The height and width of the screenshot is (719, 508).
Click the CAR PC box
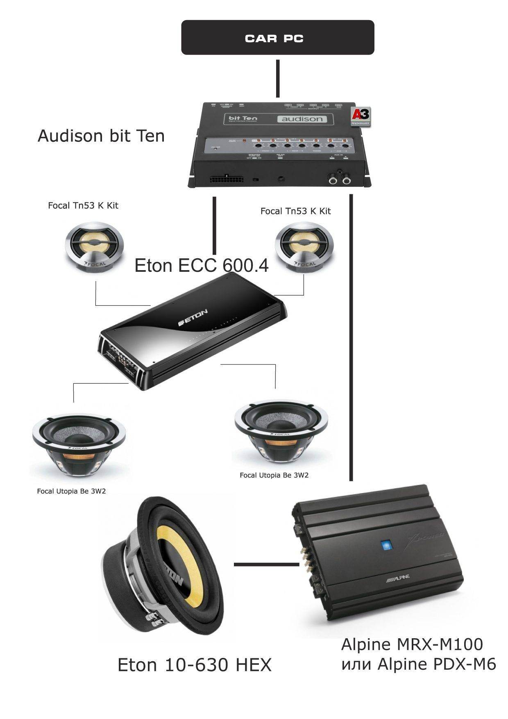[x=277, y=38]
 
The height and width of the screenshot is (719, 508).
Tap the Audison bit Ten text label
[x=101, y=136]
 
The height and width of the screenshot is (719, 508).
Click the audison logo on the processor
[x=302, y=119]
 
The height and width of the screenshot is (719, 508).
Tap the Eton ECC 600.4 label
[x=202, y=266]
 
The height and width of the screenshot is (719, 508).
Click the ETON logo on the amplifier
[x=193, y=318]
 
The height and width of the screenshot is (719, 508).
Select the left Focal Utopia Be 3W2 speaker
[x=79, y=447]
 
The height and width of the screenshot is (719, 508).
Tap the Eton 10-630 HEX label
[x=195, y=665]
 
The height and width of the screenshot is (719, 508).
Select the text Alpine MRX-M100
[x=412, y=644]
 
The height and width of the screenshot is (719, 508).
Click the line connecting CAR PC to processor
[x=278, y=78]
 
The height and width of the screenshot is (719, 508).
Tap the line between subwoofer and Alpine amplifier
[x=266, y=564]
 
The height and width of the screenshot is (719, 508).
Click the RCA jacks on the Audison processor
[x=340, y=180]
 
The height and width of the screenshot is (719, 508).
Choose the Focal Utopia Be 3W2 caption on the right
[x=274, y=475]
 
